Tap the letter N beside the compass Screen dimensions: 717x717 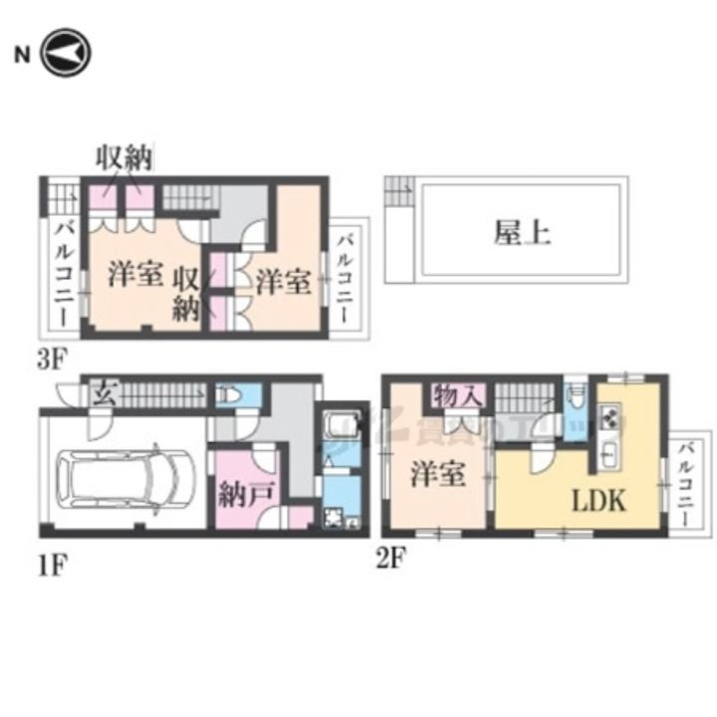(x=20, y=54)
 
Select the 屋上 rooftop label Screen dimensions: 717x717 (x=522, y=232)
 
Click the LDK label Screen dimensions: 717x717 (x=597, y=501)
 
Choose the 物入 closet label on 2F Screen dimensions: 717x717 (x=458, y=395)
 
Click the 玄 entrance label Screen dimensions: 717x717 (x=102, y=392)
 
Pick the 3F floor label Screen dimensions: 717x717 (x=50, y=359)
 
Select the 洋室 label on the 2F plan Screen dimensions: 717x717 (x=438, y=474)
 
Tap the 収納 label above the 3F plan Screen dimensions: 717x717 (x=123, y=157)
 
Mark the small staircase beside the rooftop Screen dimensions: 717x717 (x=399, y=189)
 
